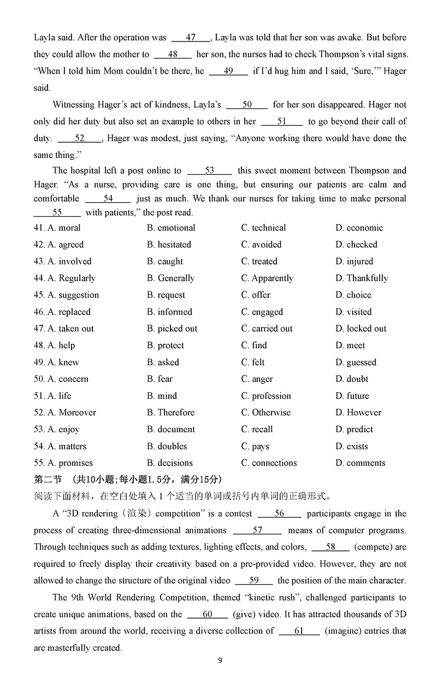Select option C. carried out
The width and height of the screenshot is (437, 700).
pos(267,328)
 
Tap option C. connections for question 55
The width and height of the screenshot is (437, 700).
pos(269,463)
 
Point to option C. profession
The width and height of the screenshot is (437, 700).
pos(266,396)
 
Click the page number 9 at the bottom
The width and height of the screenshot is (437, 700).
pos(220,660)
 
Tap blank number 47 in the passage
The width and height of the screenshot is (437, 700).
pos(191,38)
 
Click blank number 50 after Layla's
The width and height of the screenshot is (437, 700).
pos(247,105)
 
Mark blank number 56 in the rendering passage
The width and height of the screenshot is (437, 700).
pos(279,514)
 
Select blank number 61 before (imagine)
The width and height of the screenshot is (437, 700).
pos(299,631)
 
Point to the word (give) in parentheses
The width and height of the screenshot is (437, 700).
pos(245,614)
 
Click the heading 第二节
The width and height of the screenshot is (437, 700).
pos(48,480)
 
